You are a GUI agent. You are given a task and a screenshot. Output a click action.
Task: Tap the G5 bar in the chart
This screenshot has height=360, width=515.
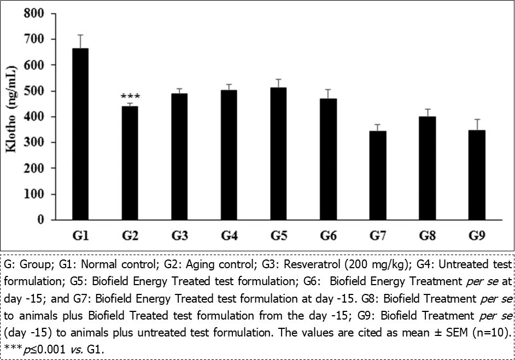tap(278, 154)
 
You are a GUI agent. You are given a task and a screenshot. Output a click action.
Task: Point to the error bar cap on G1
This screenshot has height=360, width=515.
tap(80, 35)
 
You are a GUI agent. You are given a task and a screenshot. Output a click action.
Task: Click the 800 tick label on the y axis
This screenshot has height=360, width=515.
tap(35, 13)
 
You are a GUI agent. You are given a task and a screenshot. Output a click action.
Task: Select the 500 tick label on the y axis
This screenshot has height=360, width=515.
tap(35, 91)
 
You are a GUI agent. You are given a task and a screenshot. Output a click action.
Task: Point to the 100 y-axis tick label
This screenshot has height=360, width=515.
tap(35, 194)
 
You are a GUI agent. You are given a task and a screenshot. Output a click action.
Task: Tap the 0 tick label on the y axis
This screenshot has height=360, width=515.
tap(40, 220)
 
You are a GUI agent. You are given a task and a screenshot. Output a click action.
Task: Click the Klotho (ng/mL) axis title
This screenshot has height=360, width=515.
tap(11, 116)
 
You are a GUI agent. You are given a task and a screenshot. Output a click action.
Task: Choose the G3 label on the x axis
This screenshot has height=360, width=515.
tap(179, 236)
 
